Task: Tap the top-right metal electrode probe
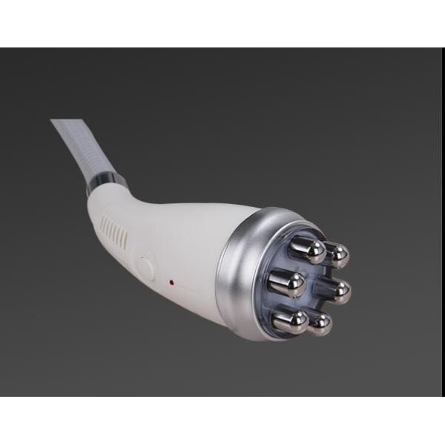[337, 254]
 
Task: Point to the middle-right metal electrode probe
[337, 290]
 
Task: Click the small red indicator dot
[171, 282]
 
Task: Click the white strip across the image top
[222, 22]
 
